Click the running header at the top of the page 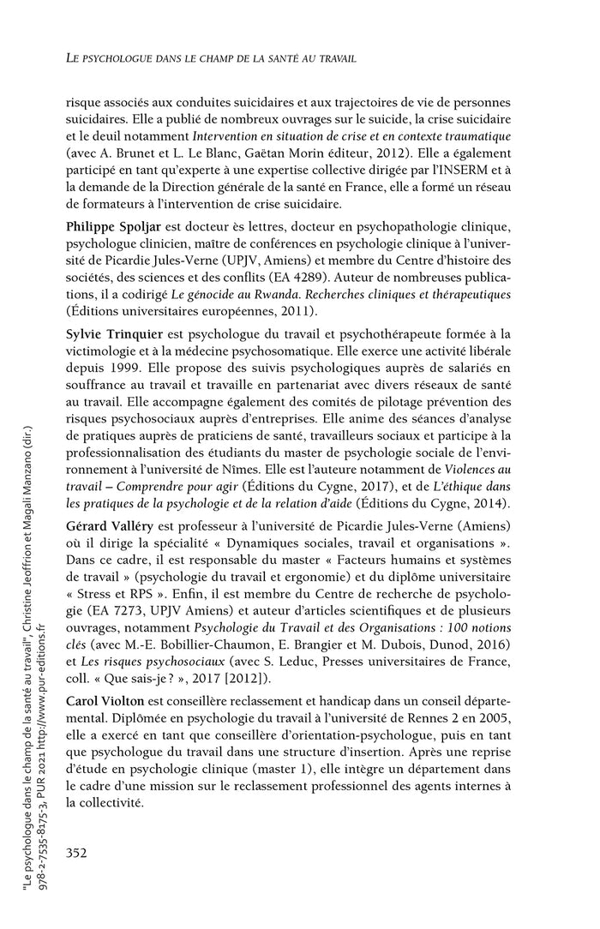click(213, 57)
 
